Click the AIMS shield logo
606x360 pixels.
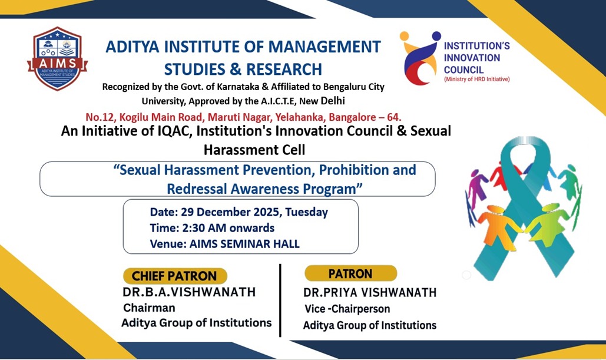[58, 59]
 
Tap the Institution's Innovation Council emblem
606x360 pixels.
[420, 58]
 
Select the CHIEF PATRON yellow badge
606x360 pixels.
[175, 276]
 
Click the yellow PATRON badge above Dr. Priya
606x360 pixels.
[350, 273]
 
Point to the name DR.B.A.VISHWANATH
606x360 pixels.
[189, 292]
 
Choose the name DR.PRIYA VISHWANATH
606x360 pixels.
[370, 293]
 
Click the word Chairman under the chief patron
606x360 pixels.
[149, 308]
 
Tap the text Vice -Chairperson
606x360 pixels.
[347, 309]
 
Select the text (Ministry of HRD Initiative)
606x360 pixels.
[477, 80]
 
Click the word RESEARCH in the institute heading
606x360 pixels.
[284, 69]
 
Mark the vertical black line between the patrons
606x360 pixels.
[280, 300]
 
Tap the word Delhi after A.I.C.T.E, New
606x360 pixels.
[333, 101]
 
